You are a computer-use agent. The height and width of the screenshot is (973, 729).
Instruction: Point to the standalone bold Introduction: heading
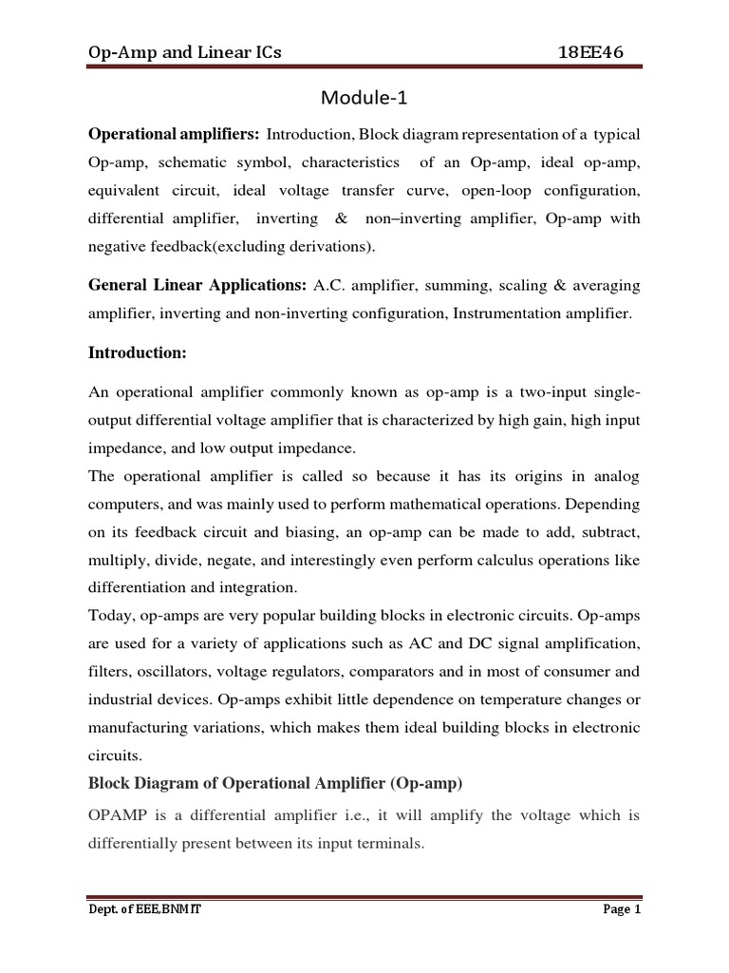[139, 353]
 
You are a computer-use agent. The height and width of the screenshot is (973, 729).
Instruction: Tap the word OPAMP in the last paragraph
[118, 815]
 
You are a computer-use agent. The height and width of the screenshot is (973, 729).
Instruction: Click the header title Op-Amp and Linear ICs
[184, 50]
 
